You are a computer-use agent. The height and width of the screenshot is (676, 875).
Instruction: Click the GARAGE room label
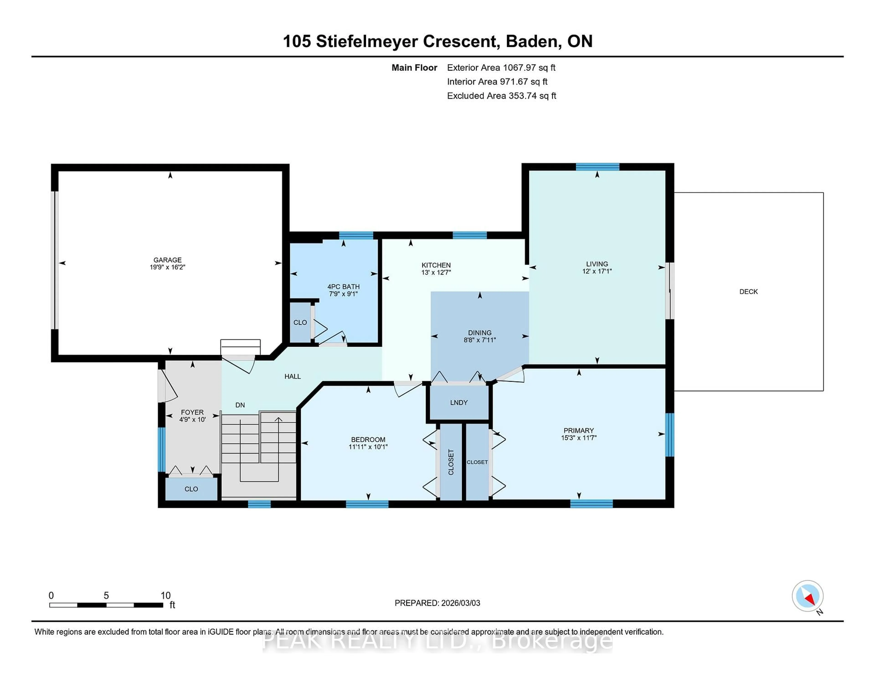(x=167, y=260)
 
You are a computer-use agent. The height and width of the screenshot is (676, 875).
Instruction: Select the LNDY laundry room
(x=459, y=402)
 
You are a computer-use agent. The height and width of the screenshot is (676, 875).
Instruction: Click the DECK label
(x=748, y=292)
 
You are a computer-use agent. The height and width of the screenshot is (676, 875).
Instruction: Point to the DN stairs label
(x=240, y=405)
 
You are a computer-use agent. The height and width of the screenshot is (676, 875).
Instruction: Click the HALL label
(x=293, y=376)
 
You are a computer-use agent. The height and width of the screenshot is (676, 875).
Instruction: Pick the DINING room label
(x=480, y=333)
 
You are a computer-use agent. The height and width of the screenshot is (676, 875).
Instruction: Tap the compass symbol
(x=807, y=596)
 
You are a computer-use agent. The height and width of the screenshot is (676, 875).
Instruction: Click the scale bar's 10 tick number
(x=165, y=596)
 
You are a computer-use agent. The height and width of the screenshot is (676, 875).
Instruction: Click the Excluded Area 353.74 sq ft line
(x=501, y=96)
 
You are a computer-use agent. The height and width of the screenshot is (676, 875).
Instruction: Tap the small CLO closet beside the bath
(x=300, y=322)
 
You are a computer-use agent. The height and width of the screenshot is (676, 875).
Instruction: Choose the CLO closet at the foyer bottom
(x=191, y=489)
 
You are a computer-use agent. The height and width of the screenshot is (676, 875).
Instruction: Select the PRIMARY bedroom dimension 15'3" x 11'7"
(x=579, y=438)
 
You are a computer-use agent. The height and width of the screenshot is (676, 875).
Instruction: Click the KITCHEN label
(x=436, y=265)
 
